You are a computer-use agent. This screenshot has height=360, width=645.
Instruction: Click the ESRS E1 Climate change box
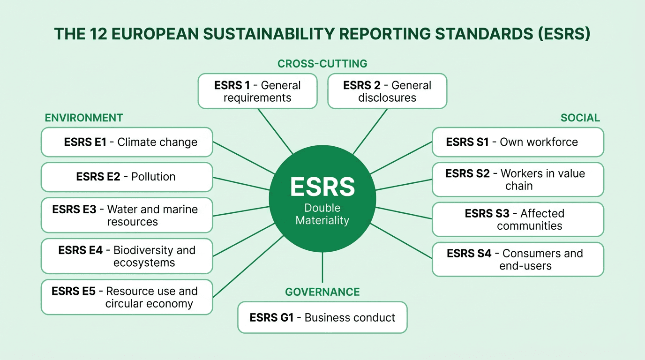pos(127,142)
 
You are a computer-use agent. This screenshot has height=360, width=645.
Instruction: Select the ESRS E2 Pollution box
pos(127,177)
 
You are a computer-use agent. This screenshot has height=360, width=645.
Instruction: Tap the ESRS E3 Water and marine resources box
pos(127,215)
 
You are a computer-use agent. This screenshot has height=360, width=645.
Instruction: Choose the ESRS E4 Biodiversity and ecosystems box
pos(127,256)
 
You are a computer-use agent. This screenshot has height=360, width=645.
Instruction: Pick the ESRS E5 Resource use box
pos(127,297)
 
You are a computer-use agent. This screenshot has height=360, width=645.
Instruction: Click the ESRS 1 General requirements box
pos(257,91)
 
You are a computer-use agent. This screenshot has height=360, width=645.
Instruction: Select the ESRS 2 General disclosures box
pos(387,91)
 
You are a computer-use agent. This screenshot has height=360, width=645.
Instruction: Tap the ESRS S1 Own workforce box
pos(517,142)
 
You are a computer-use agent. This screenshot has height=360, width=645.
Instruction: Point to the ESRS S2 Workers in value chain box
pos(517,180)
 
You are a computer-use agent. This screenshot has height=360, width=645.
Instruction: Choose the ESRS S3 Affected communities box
pos(517,219)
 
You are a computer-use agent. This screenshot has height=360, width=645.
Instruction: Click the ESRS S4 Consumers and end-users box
pos(517,259)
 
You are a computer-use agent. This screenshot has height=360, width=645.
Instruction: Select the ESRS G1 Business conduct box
pos(322,317)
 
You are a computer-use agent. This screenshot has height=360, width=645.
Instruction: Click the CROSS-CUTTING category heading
pos(322,64)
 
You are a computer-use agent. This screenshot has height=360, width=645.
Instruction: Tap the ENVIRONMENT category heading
pos(84,118)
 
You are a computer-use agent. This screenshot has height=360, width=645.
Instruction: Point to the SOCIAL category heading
pos(580,118)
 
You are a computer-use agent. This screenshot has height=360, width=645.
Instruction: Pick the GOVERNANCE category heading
pos(322,292)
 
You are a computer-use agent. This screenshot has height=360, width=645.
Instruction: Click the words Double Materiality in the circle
pos(322,214)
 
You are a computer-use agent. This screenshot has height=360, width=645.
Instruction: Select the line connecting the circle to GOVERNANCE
pos(322,267)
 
